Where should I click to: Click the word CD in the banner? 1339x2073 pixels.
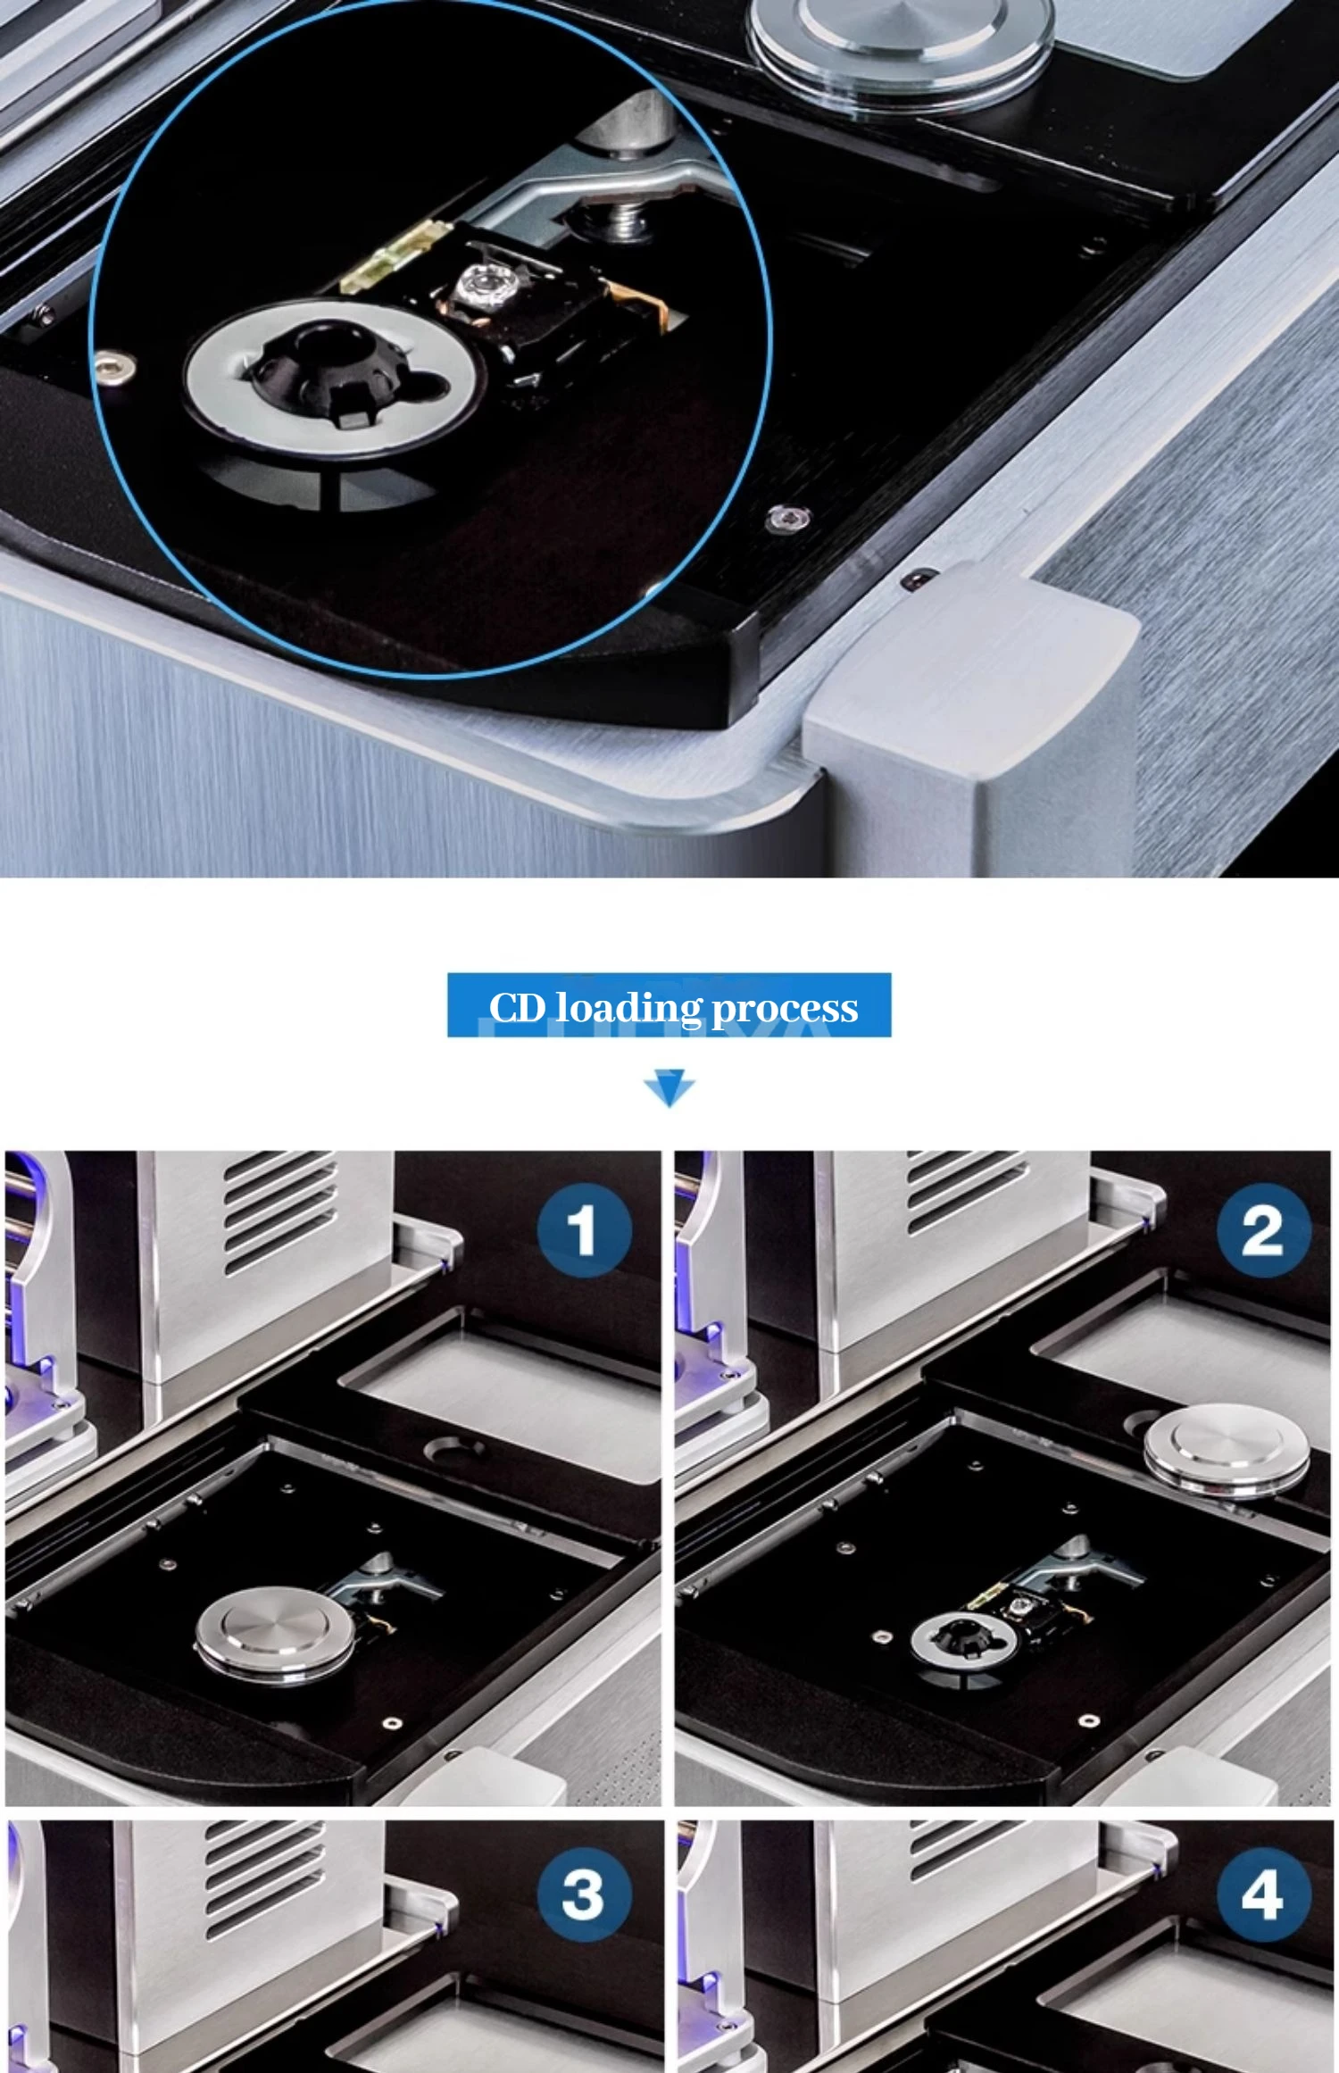click(x=517, y=1007)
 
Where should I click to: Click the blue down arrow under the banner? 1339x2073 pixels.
click(x=669, y=1087)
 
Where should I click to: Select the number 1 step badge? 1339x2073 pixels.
click(x=584, y=1230)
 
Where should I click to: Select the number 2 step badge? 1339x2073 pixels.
click(x=1263, y=1230)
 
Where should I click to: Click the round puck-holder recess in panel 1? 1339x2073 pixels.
click(x=456, y=1449)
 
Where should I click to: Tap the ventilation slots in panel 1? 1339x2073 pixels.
click(x=280, y=1212)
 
